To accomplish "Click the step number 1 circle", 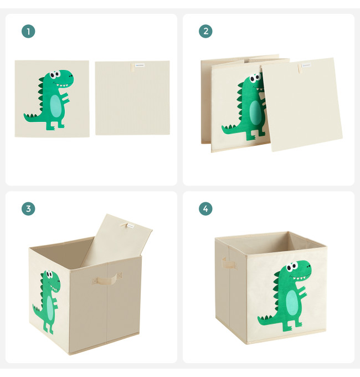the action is (28, 31).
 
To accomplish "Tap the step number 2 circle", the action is (205, 31).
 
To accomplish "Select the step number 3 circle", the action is (28, 208).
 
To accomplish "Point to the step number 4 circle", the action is (205, 208).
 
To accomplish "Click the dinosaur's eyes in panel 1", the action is (55, 74).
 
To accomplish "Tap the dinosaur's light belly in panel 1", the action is (56, 106).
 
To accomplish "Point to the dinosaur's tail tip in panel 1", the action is (24, 115).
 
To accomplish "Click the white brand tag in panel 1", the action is (140, 65).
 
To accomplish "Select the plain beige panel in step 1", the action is (132, 98).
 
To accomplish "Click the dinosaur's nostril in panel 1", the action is (70, 76).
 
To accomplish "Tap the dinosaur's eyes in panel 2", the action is (255, 78).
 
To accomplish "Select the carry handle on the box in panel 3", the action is (107, 278).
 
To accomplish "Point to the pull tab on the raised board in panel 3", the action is (124, 225).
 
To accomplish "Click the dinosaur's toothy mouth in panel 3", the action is (55, 286).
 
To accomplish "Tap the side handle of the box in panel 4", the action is (228, 263).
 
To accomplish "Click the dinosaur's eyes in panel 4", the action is (292, 267).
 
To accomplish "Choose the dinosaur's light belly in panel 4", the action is (292, 301).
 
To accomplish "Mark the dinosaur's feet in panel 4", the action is (292, 326).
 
